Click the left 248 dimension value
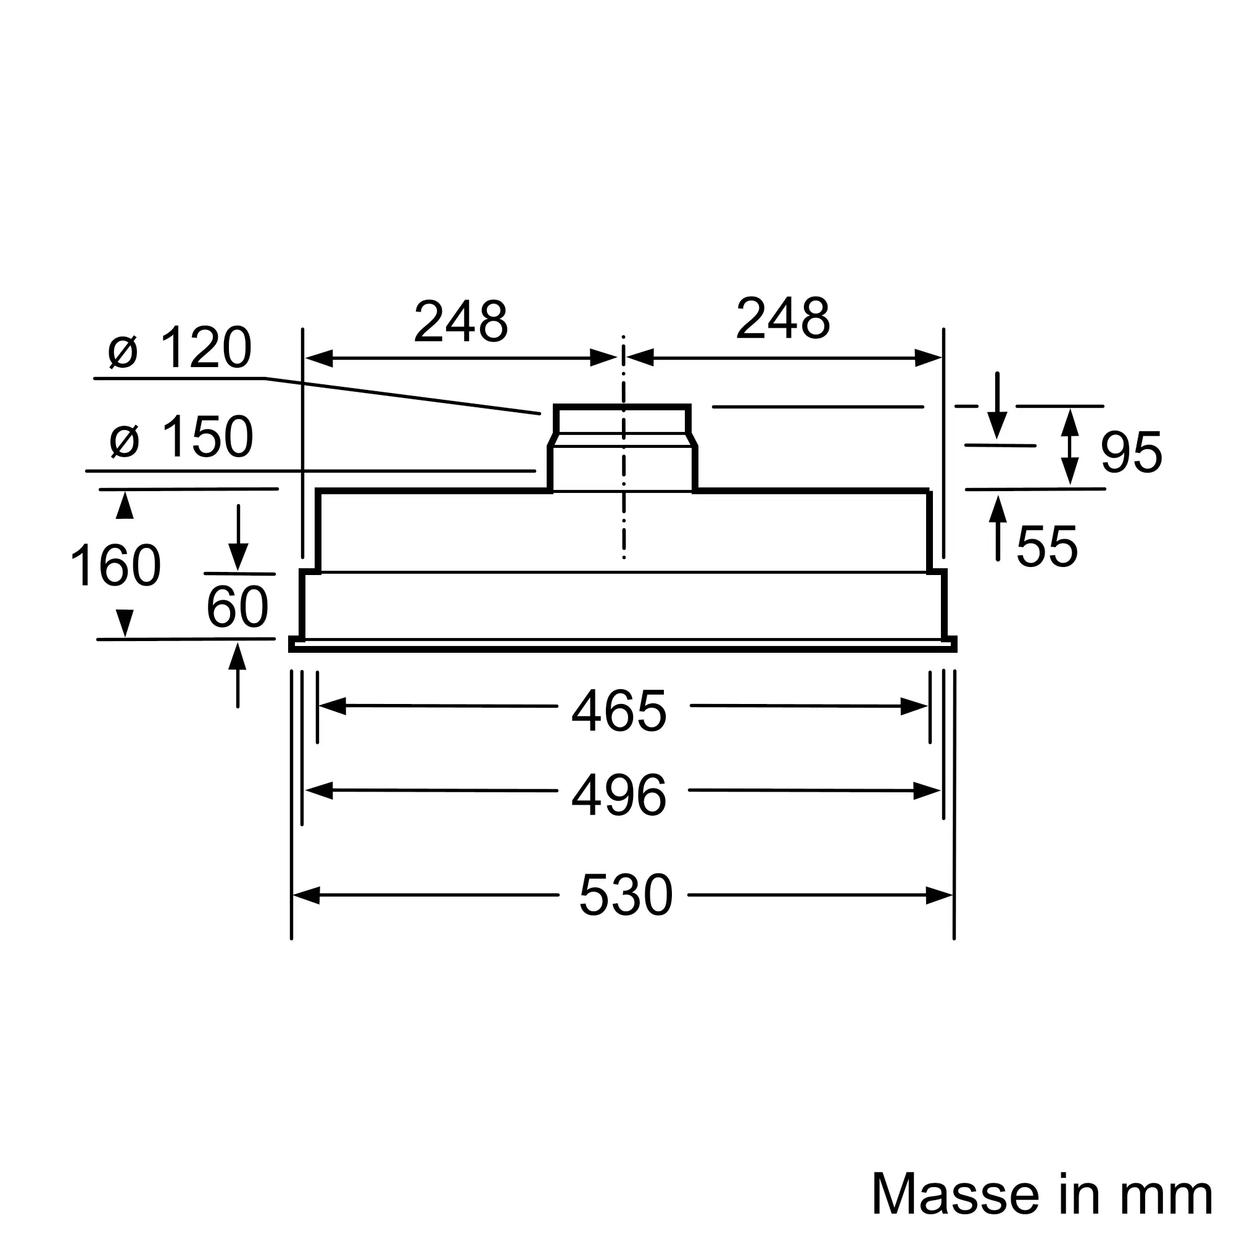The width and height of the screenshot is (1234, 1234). coord(460,320)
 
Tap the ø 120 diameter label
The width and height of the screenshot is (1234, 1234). coord(180,348)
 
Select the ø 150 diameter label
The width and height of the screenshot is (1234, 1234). coord(181,436)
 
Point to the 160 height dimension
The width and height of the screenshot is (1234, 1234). coord(115,565)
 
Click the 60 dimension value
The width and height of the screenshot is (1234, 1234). coord(238,606)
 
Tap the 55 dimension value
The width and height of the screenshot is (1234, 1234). coord(1047,545)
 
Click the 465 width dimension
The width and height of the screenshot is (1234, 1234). coord(619,711)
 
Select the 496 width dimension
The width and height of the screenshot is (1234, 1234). coord(619,796)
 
